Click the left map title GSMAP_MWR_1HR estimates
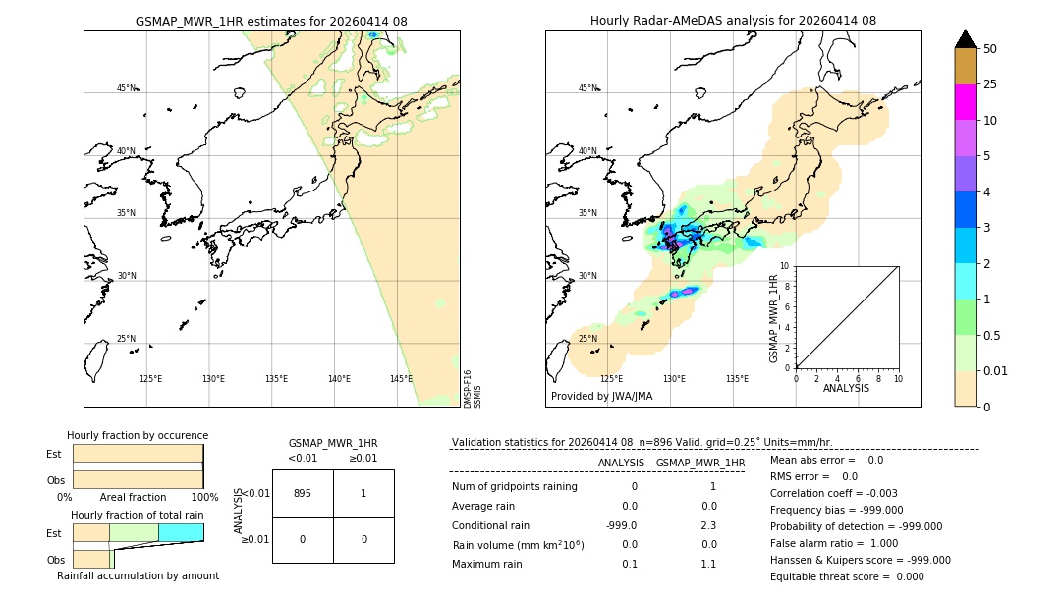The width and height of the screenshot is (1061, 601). point(271,21)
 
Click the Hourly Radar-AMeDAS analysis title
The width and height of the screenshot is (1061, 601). point(733,21)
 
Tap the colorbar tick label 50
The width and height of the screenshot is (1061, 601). point(990,49)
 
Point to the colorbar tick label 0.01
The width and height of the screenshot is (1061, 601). point(996,370)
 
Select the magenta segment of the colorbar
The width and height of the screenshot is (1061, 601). point(965,102)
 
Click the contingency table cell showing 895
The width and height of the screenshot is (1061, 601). point(303,493)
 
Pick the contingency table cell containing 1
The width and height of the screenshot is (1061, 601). point(363,493)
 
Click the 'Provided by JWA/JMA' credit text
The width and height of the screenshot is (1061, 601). point(601,397)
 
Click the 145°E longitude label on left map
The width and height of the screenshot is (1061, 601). point(401,379)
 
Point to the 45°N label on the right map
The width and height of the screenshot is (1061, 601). point(587,88)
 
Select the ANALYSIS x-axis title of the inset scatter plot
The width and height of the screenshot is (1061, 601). point(846,389)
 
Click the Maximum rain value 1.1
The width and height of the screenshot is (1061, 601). point(708,564)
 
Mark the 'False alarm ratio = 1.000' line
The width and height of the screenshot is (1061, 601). point(834,543)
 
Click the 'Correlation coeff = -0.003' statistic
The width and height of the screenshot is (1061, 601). point(834,494)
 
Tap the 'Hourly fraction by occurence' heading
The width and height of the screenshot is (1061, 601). point(138,436)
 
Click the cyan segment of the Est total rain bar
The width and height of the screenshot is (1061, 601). point(181,532)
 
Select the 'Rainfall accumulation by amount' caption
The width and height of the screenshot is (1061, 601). point(138,576)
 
